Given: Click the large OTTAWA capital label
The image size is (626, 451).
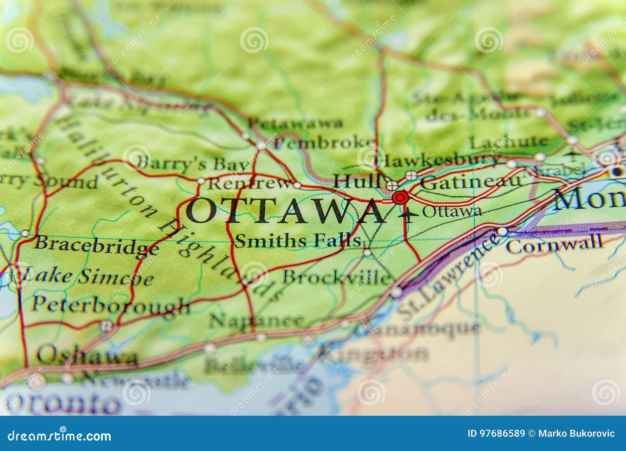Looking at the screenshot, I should tap(285, 211).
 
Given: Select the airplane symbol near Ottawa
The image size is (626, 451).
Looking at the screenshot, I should tap(408, 214).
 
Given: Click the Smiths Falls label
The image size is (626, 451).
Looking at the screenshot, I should tap(297, 241).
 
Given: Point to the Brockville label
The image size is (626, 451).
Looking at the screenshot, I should tap(336, 277).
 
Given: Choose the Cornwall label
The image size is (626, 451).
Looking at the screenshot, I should tap(554, 243).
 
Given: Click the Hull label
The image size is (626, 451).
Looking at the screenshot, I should tap(357, 181).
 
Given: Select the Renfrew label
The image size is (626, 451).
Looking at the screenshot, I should tap(250, 183).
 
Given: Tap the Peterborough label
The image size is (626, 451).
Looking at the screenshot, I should tap(110, 305).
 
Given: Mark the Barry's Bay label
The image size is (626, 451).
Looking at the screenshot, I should tap(192, 163).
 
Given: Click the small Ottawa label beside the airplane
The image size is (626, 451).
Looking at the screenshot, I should tap(452, 212).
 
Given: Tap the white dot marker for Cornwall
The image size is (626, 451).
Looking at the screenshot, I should tap(502, 232).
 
